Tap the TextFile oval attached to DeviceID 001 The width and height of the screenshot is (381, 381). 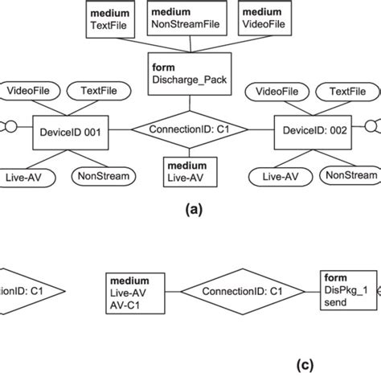(x=94, y=92)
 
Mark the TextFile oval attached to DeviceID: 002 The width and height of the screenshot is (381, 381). (x=346, y=92)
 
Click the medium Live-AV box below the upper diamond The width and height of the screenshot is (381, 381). (x=187, y=171)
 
